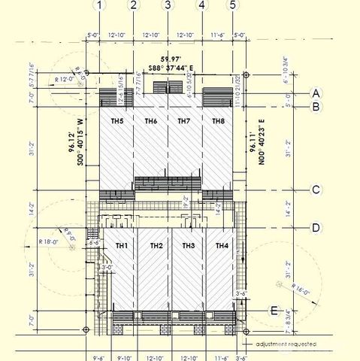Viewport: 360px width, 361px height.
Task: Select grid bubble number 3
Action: coord(168,5)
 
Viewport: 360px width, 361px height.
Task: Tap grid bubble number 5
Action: coord(233,5)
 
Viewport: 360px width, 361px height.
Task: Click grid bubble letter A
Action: coord(316,93)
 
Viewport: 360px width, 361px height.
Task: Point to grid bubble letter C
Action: coord(316,190)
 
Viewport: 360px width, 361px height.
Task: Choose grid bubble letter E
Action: coord(275,310)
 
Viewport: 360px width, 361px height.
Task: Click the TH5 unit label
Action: coord(117,121)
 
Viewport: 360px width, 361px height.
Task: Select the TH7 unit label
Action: coord(184,121)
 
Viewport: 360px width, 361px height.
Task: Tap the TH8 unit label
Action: coord(218,121)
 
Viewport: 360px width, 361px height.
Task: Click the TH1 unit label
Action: coord(122,246)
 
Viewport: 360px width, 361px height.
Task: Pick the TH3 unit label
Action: coord(189,246)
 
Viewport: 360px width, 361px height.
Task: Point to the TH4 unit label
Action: coord(222,246)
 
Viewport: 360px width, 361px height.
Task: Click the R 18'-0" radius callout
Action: coord(49,241)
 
